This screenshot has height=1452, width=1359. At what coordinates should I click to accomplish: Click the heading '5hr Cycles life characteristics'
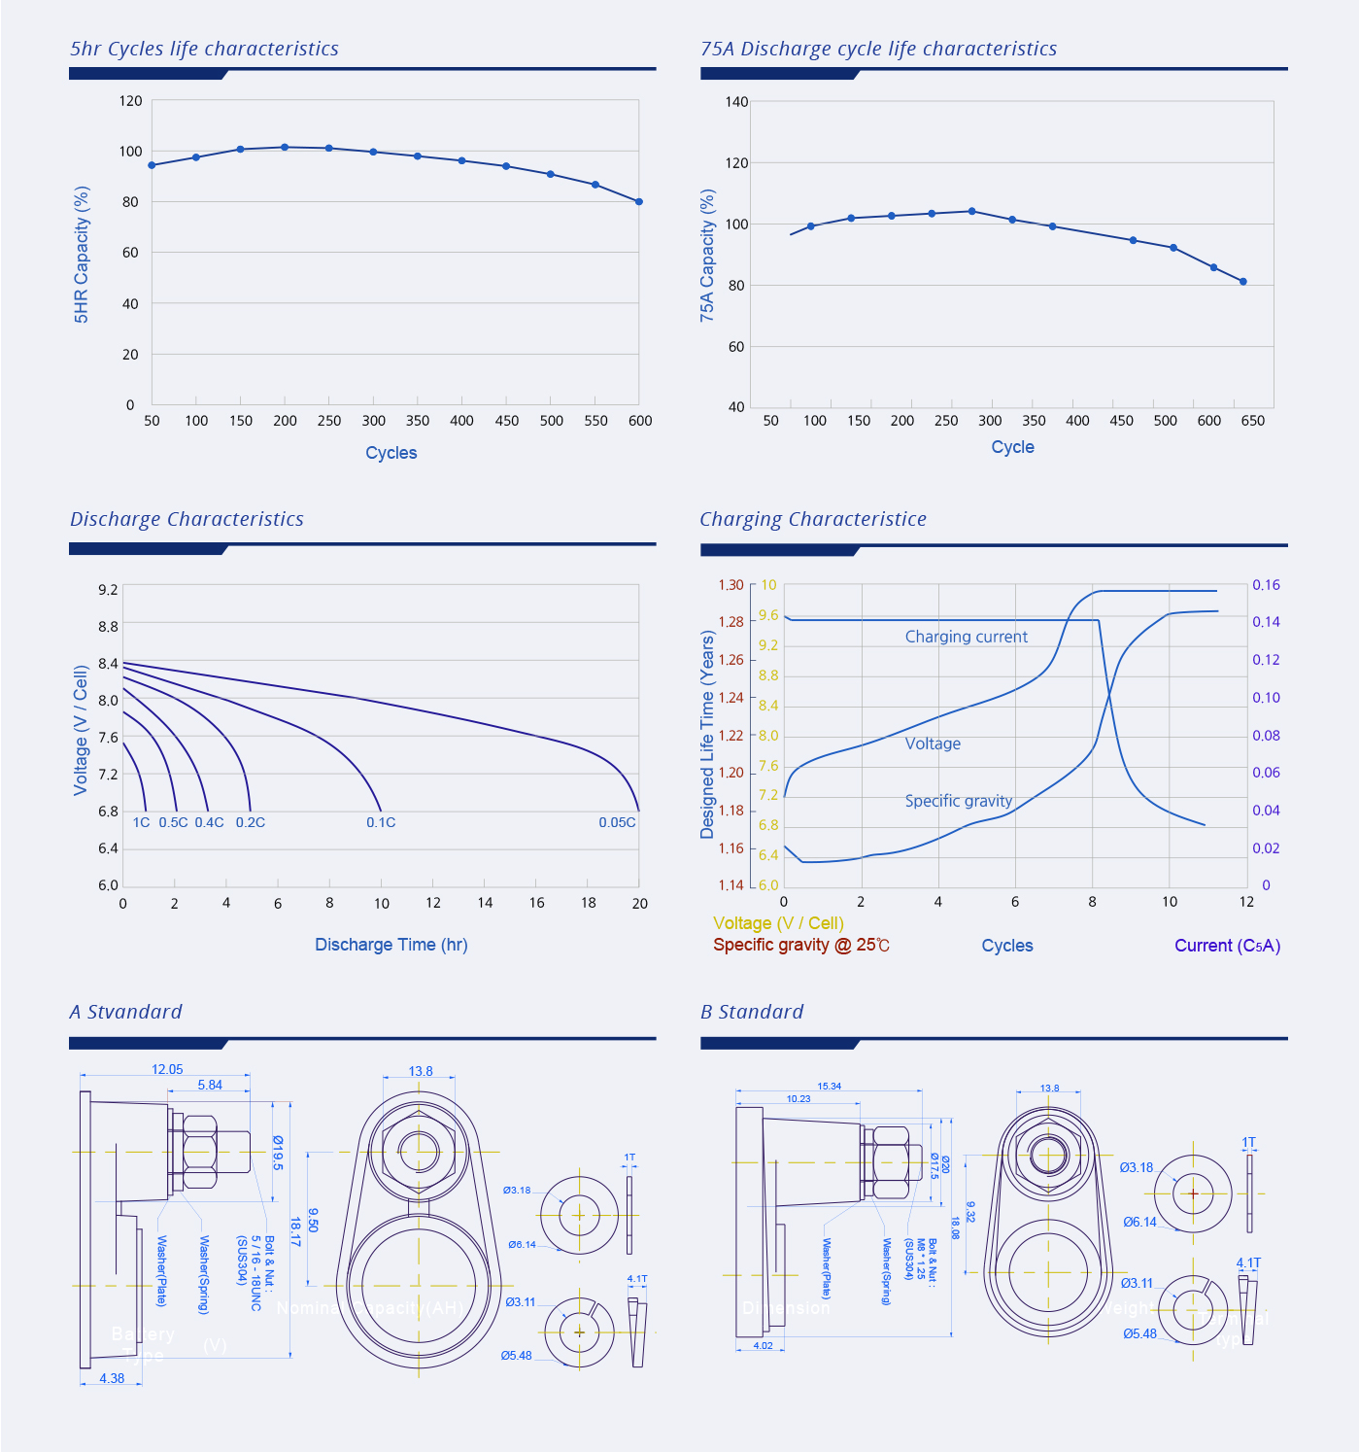point(204,49)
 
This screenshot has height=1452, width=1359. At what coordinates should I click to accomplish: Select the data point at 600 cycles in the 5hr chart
point(639,201)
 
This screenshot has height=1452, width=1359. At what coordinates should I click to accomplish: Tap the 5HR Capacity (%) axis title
point(82,255)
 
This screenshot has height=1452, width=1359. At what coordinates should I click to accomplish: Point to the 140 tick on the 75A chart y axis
point(736,101)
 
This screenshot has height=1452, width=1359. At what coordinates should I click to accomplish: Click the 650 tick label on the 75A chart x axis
point(1253,421)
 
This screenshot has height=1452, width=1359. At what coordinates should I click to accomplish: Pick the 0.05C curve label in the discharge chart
point(617,822)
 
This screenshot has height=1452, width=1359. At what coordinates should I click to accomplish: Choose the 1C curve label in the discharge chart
point(142,822)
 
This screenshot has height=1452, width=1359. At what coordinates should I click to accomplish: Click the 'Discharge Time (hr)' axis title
point(391,945)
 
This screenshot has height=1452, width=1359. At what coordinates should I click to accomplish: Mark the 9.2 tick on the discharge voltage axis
point(108,590)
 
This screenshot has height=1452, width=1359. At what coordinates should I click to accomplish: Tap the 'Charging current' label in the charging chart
point(966,637)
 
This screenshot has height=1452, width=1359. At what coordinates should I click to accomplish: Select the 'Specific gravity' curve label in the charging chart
point(958,801)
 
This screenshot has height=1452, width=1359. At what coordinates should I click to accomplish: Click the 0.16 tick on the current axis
point(1266,585)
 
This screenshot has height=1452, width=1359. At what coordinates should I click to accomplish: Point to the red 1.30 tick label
point(730,585)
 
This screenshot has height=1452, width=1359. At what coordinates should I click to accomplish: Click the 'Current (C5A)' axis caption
point(1227,946)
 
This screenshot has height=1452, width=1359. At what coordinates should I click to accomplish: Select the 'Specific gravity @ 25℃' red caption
point(800,945)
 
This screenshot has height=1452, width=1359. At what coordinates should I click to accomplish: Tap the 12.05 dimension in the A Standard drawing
point(167,1069)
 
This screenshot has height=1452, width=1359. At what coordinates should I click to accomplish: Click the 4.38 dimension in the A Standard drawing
point(113,1378)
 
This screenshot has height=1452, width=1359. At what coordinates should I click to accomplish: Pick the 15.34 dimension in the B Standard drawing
point(829,1087)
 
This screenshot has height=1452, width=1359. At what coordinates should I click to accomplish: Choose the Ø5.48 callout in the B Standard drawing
point(1139,1333)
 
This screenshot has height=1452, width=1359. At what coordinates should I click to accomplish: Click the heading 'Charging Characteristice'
point(813,519)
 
